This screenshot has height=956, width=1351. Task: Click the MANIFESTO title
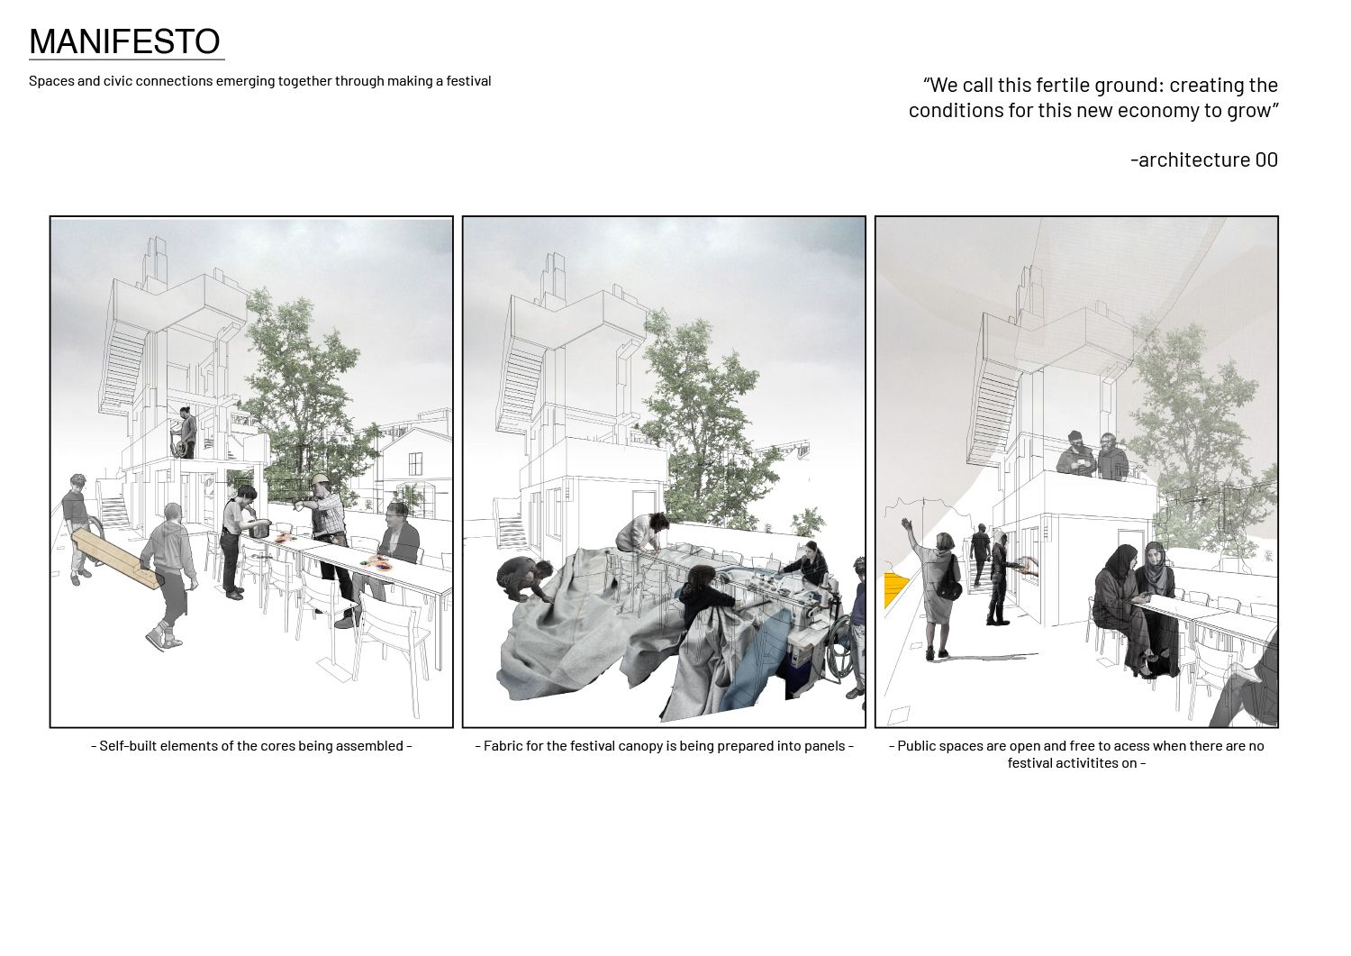point(124,41)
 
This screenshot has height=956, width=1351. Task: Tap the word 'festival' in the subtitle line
point(468,81)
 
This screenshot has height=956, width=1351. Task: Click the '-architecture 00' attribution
point(1204,159)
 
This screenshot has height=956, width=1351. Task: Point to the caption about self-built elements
point(251,745)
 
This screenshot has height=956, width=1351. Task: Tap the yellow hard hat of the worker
point(319,480)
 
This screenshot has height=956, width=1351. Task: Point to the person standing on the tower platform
point(186,432)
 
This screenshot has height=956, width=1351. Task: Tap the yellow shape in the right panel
point(896,589)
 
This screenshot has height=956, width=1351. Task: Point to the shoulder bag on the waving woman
point(948,584)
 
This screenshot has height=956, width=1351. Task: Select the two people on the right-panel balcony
point(1093,457)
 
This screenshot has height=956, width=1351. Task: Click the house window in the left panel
point(415,463)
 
